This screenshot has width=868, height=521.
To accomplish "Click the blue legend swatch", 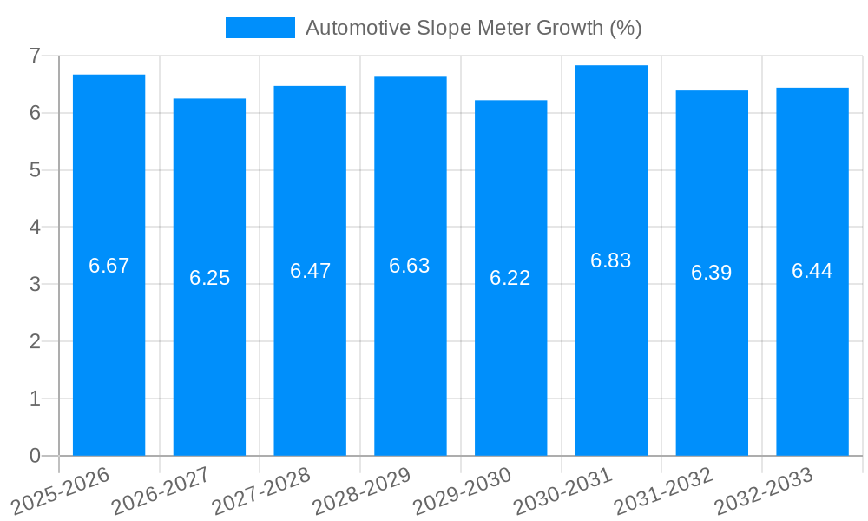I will tap(260, 28).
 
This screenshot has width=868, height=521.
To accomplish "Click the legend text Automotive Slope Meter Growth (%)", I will tap(474, 28).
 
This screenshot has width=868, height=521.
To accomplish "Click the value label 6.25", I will tap(210, 278).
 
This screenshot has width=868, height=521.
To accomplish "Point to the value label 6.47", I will tap(310, 271).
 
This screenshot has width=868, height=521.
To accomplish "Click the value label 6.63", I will tap(410, 266).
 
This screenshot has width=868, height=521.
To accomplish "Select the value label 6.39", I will tap(712, 273).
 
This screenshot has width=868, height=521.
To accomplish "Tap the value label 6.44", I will tap(812, 271).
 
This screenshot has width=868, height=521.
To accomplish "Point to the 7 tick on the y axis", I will tap(35, 56).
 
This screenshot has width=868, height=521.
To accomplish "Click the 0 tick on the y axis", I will tap(35, 456).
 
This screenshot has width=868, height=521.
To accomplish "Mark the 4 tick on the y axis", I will tap(35, 228).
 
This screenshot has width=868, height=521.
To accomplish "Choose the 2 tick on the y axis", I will tap(35, 341).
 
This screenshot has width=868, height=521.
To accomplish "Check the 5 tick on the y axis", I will tap(35, 170).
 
